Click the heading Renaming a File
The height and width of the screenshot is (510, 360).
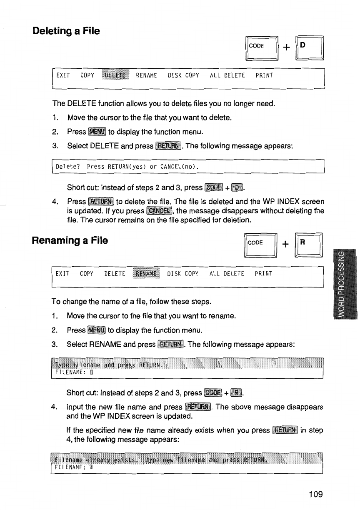pyautogui.click(x=70, y=240)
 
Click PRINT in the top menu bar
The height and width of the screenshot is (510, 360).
pyautogui.click(x=264, y=75)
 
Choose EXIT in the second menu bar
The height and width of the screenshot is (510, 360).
pyautogui.click(x=62, y=274)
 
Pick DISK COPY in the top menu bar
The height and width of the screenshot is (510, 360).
pyautogui.click(x=183, y=75)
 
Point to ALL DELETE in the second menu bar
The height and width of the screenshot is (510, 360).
pyautogui.click(x=227, y=274)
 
